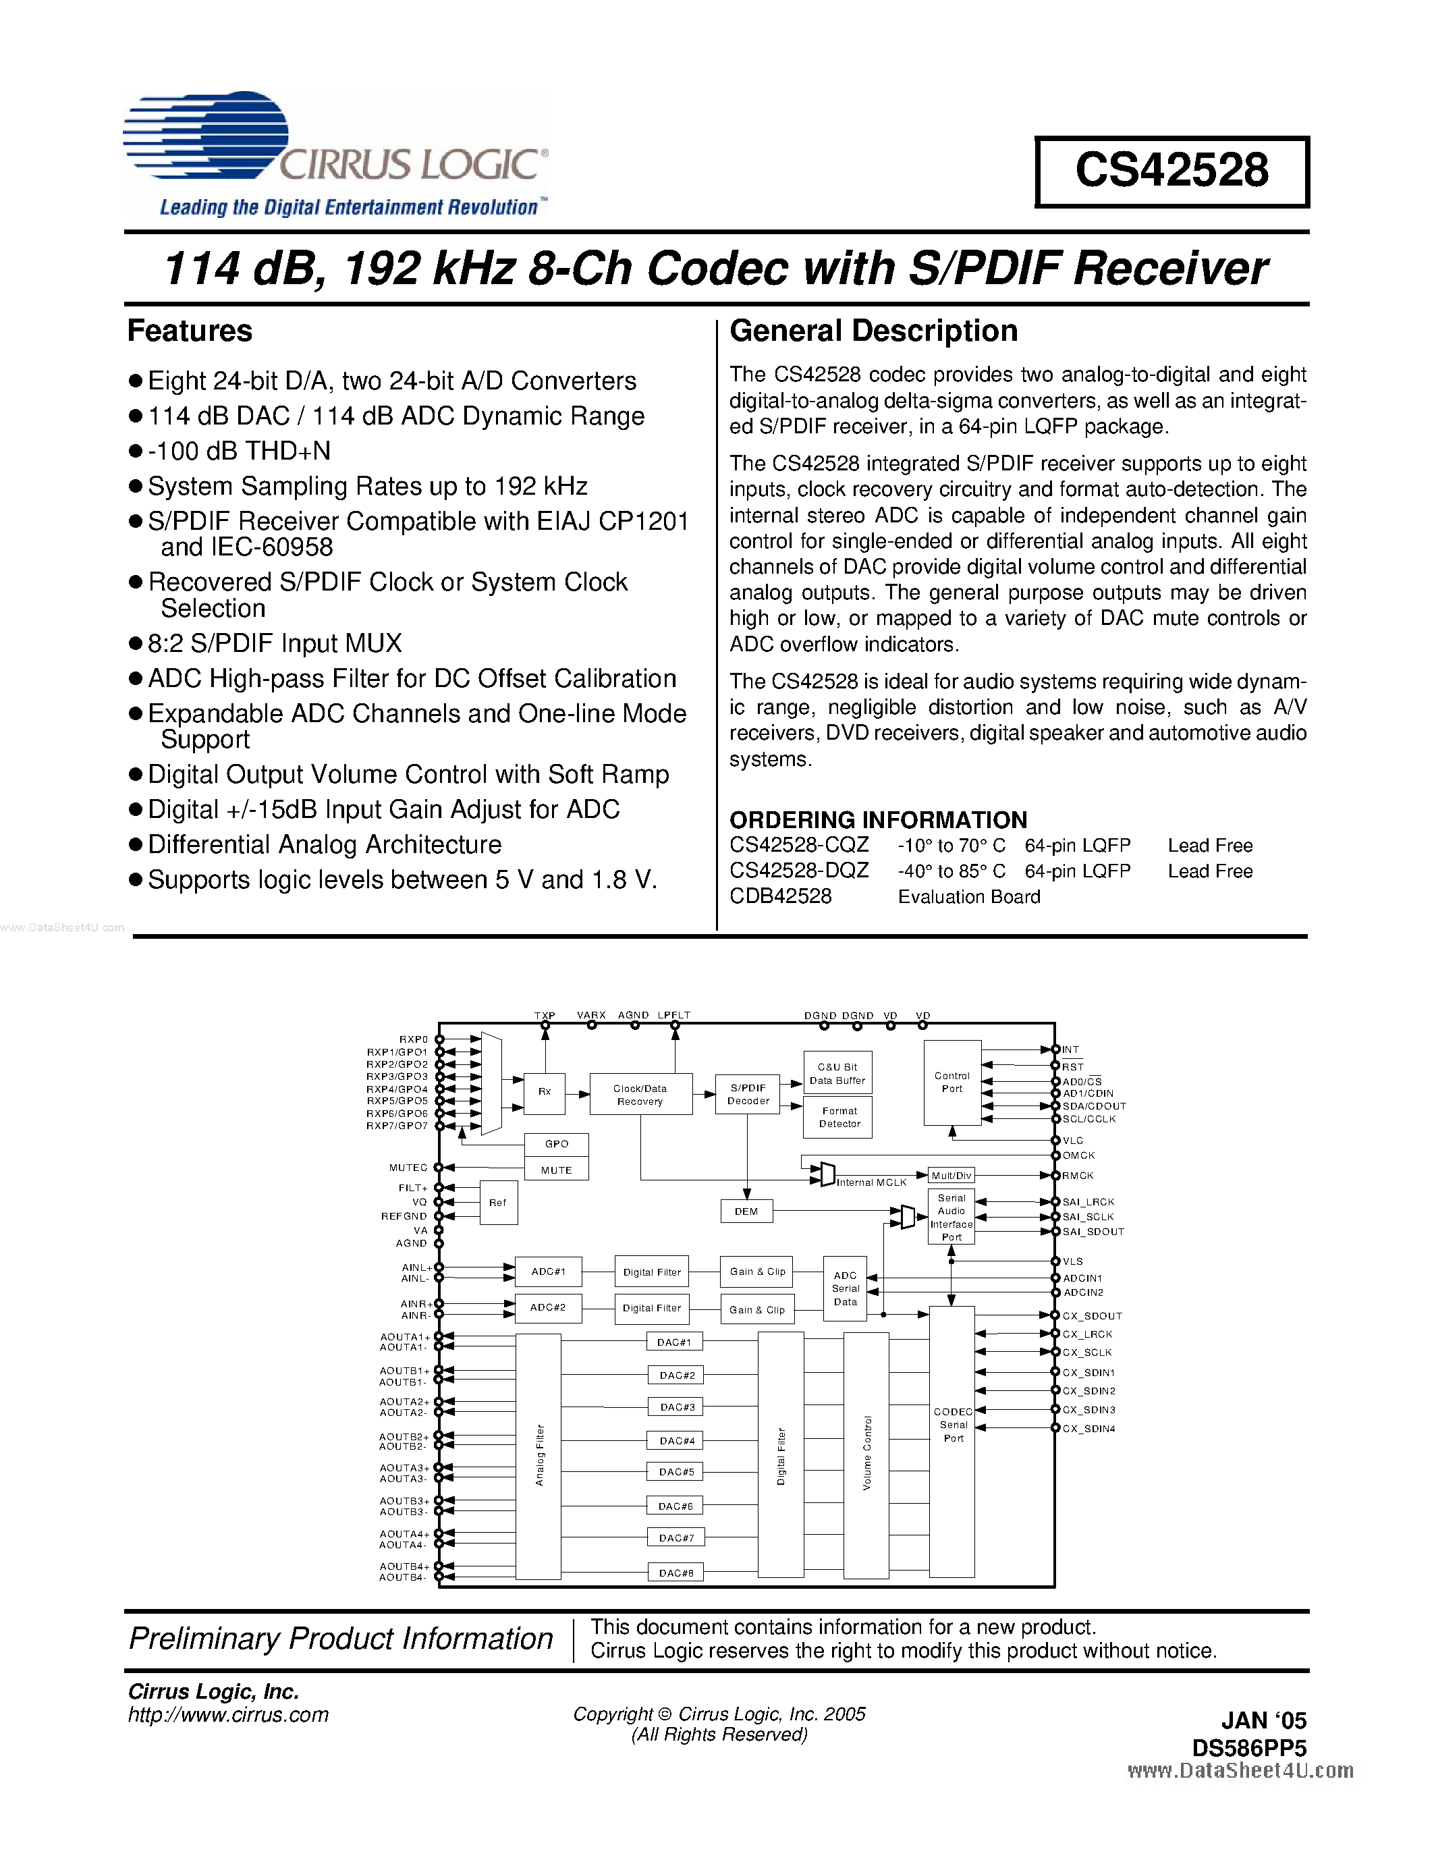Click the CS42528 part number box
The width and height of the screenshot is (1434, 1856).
tap(1171, 171)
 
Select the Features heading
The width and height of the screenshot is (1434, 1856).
tap(190, 331)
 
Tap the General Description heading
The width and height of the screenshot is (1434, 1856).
tap(873, 331)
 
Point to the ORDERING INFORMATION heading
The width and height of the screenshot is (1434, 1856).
tap(877, 819)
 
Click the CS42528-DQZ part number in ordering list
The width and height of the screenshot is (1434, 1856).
tap(798, 871)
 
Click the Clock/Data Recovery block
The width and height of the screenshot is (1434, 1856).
tap(640, 1095)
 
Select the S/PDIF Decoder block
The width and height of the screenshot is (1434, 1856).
tap(748, 1095)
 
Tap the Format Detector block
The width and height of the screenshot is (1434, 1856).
tap(839, 1118)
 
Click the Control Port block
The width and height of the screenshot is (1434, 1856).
tap(952, 1082)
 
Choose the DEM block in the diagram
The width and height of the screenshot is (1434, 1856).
tap(746, 1212)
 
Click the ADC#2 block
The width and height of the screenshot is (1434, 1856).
tap(548, 1308)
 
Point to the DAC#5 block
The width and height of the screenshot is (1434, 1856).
tap(676, 1472)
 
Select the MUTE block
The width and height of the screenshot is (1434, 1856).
tap(557, 1170)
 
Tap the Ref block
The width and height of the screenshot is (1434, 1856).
tap(498, 1203)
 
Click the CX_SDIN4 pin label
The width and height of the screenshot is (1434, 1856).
tap(1088, 1429)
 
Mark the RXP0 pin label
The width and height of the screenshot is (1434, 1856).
tap(414, 1039)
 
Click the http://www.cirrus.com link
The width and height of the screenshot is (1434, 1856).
tap(227, 1715)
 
